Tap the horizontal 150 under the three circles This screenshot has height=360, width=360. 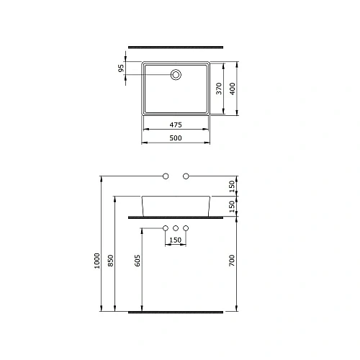coord(176,240)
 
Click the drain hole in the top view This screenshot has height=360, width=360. coord(176,74)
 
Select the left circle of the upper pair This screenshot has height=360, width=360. coord(165,176)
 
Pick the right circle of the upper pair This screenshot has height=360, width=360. coord(186,176)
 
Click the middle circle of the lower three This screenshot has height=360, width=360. coord(176,228)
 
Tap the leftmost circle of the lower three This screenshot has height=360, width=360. coord(165,228)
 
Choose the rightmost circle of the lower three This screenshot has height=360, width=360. coord(186,228)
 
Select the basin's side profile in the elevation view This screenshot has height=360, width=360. coord(176,204)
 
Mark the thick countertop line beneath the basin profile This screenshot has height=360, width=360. coord(176,215)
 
